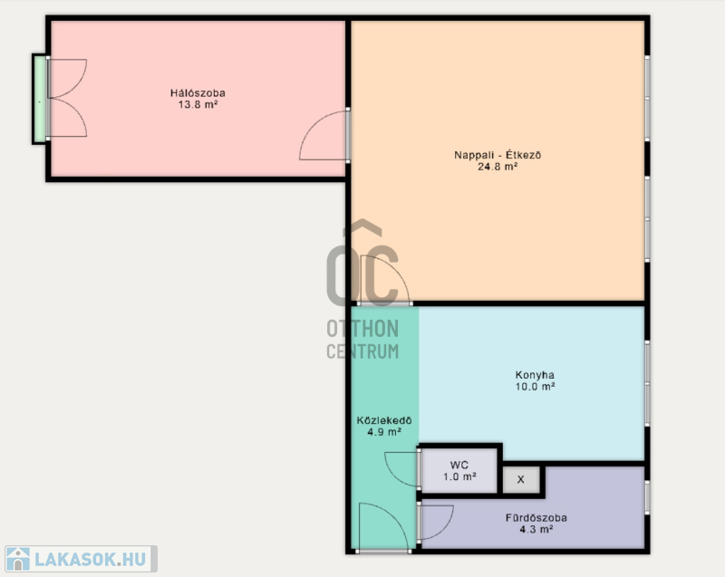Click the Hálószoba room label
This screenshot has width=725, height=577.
pos(198,93)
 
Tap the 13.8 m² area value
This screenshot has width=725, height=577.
pos(198,104)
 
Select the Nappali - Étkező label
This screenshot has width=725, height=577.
pos(498,155)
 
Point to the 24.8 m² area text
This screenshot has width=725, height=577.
pos(498,167)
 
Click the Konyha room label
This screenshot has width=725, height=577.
pos(535,375)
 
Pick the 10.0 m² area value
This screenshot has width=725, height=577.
pos(535,387)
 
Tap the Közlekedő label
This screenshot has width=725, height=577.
pos(384,420)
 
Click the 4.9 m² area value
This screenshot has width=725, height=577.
pos(384,432)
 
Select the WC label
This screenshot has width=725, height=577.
pos(459,466)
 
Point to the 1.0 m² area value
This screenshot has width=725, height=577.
pos(459,476)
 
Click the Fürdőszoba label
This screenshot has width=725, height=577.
pos(536,518)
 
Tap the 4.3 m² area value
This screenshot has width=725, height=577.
pos(536,529)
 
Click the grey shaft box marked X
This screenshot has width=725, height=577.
pos(520,480)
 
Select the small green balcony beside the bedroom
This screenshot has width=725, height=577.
pos(40,100)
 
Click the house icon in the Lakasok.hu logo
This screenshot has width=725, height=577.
pos(18,559)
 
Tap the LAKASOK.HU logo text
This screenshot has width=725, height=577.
pos(90,560)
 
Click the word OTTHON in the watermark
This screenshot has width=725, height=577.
pos(362,329)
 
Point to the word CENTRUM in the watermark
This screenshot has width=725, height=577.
pos(362,351)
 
